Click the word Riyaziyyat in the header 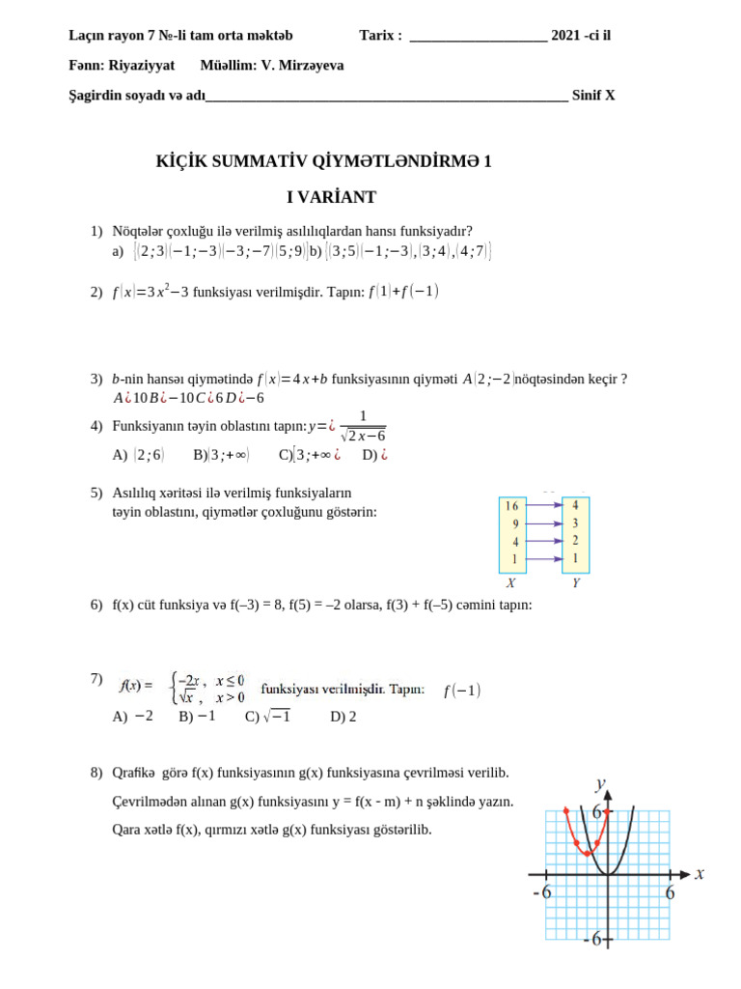(142, 66)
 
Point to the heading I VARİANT (331, 198)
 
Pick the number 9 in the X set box (514, 524)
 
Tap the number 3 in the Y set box (575, 523)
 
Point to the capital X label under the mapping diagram (510, 583)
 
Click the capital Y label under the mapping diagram (576, 583)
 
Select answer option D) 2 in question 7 (343, 717)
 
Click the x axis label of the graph (700, 873)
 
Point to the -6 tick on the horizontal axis (542, 893)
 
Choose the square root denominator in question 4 (363, 436)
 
